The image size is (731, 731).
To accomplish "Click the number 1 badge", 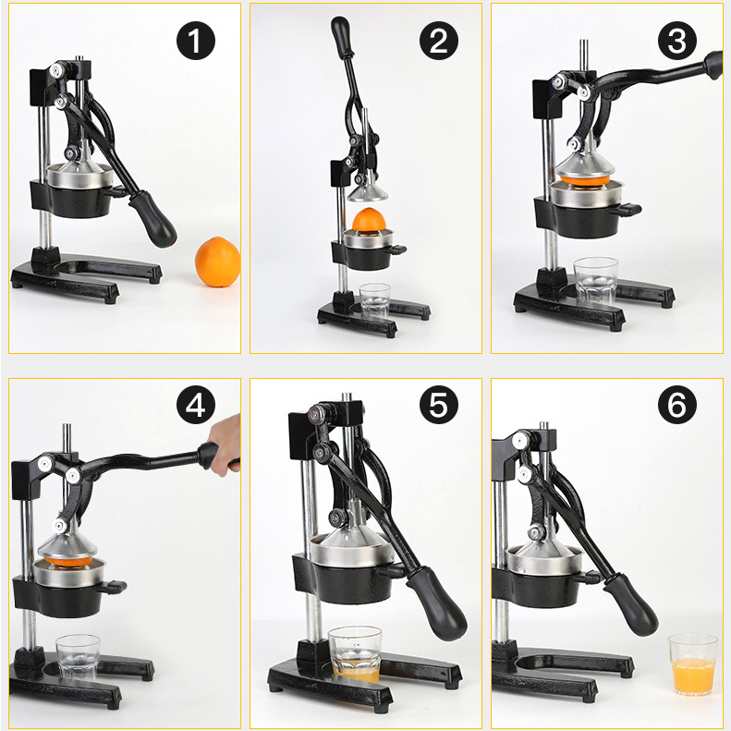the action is [196, 41].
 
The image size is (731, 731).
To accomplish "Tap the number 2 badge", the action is [439, 41].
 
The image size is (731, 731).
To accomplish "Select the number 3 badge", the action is [677, 41].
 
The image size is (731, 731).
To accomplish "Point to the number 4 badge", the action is [196, 404].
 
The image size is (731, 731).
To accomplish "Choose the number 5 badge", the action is [439, 404].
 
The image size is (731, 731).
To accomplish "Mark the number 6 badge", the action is [677, 404].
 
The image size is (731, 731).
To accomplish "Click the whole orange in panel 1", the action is [218, 262].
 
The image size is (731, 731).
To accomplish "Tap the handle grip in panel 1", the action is [152, 218].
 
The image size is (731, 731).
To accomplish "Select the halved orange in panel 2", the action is [369, 220].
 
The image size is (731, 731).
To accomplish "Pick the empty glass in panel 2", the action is [375, 300].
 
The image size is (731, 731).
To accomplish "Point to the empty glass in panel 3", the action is [596, 281].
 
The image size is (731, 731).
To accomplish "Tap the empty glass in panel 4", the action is [78, 657].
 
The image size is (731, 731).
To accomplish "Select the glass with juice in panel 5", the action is [355, 654].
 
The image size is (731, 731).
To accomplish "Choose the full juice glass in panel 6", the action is [693, 664].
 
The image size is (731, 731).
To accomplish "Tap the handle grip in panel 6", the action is [632, 604].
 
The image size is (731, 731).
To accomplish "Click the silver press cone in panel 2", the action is [368, 191].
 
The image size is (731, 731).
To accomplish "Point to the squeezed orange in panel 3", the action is [585, 179].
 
